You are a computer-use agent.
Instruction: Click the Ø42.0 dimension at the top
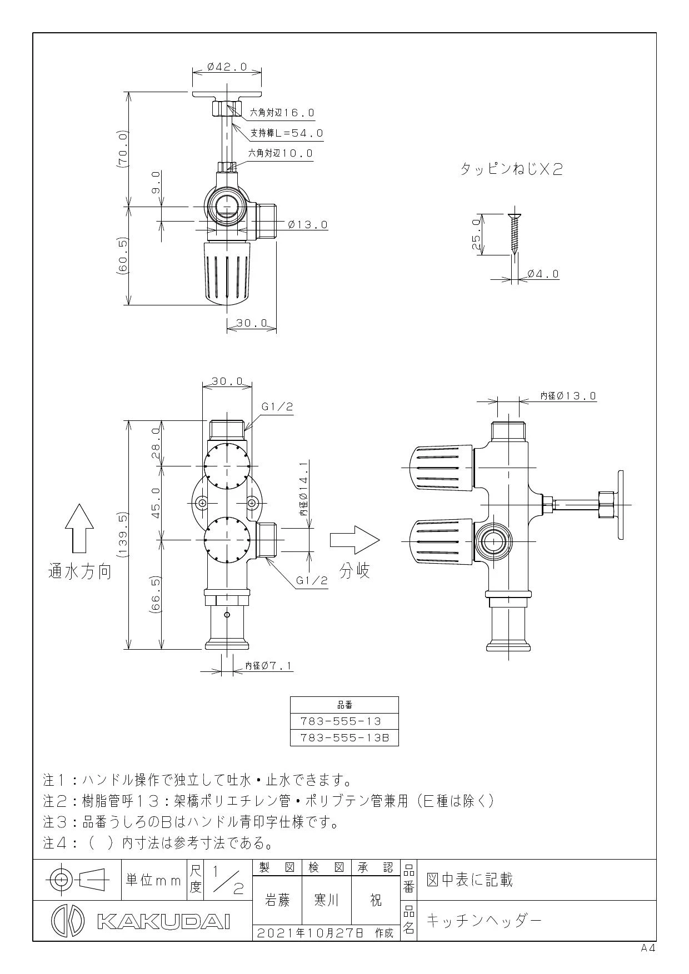227,67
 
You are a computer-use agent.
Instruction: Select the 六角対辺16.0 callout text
282,113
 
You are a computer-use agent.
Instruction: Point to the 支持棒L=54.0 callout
287,133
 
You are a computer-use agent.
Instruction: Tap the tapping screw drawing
513,234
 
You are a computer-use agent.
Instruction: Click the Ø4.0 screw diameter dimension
543,274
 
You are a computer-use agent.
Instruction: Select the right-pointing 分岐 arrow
355,540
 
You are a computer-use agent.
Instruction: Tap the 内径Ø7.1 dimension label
269,665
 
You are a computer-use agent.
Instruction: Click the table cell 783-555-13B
344,738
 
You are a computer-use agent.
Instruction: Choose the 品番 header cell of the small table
344,705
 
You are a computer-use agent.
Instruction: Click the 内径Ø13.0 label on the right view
568,396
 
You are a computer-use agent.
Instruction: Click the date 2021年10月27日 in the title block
309,933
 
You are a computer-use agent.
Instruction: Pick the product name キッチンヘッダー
483,921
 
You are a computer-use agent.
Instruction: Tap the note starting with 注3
191,821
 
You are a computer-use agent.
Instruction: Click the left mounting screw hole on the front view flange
202,503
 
